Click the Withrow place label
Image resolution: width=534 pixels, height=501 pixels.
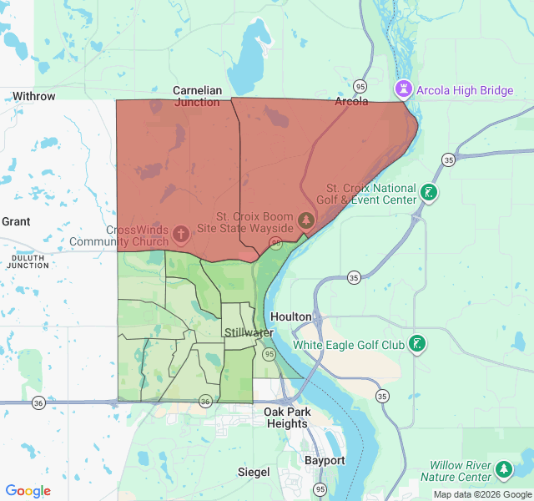(34, 96)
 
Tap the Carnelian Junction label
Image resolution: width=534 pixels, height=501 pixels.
(197, 96)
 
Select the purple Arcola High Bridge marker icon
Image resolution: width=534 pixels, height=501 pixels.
(404, 89)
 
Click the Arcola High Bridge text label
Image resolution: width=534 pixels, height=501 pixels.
(465, 90)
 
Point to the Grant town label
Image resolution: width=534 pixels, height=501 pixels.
(16, 221)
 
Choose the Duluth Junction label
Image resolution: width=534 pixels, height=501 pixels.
(28, 260)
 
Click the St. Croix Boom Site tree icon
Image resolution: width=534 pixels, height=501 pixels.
(307, 220)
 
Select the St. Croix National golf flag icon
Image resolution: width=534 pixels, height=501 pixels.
(428, 194)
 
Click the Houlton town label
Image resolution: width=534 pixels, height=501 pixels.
(291, 317)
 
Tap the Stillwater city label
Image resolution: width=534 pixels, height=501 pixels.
(249, 333)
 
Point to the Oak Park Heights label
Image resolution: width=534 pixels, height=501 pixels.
(286, 417)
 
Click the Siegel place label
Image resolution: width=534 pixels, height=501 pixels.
(254, 472)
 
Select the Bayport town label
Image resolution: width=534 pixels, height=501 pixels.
(325, 460)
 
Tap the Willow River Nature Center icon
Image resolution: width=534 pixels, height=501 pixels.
(504, 470)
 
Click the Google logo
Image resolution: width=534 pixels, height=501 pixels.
(28, 491)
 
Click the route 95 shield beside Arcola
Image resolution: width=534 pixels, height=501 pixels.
(360, 86)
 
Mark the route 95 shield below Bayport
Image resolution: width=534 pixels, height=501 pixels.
(320, 488)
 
